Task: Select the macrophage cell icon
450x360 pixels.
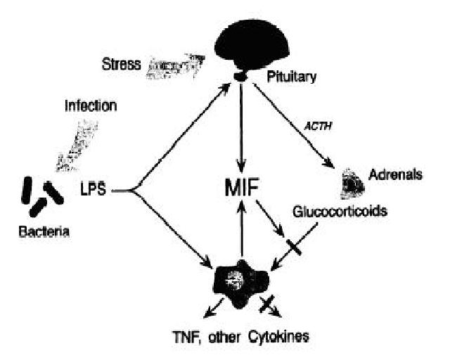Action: [x=241, y=278]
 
